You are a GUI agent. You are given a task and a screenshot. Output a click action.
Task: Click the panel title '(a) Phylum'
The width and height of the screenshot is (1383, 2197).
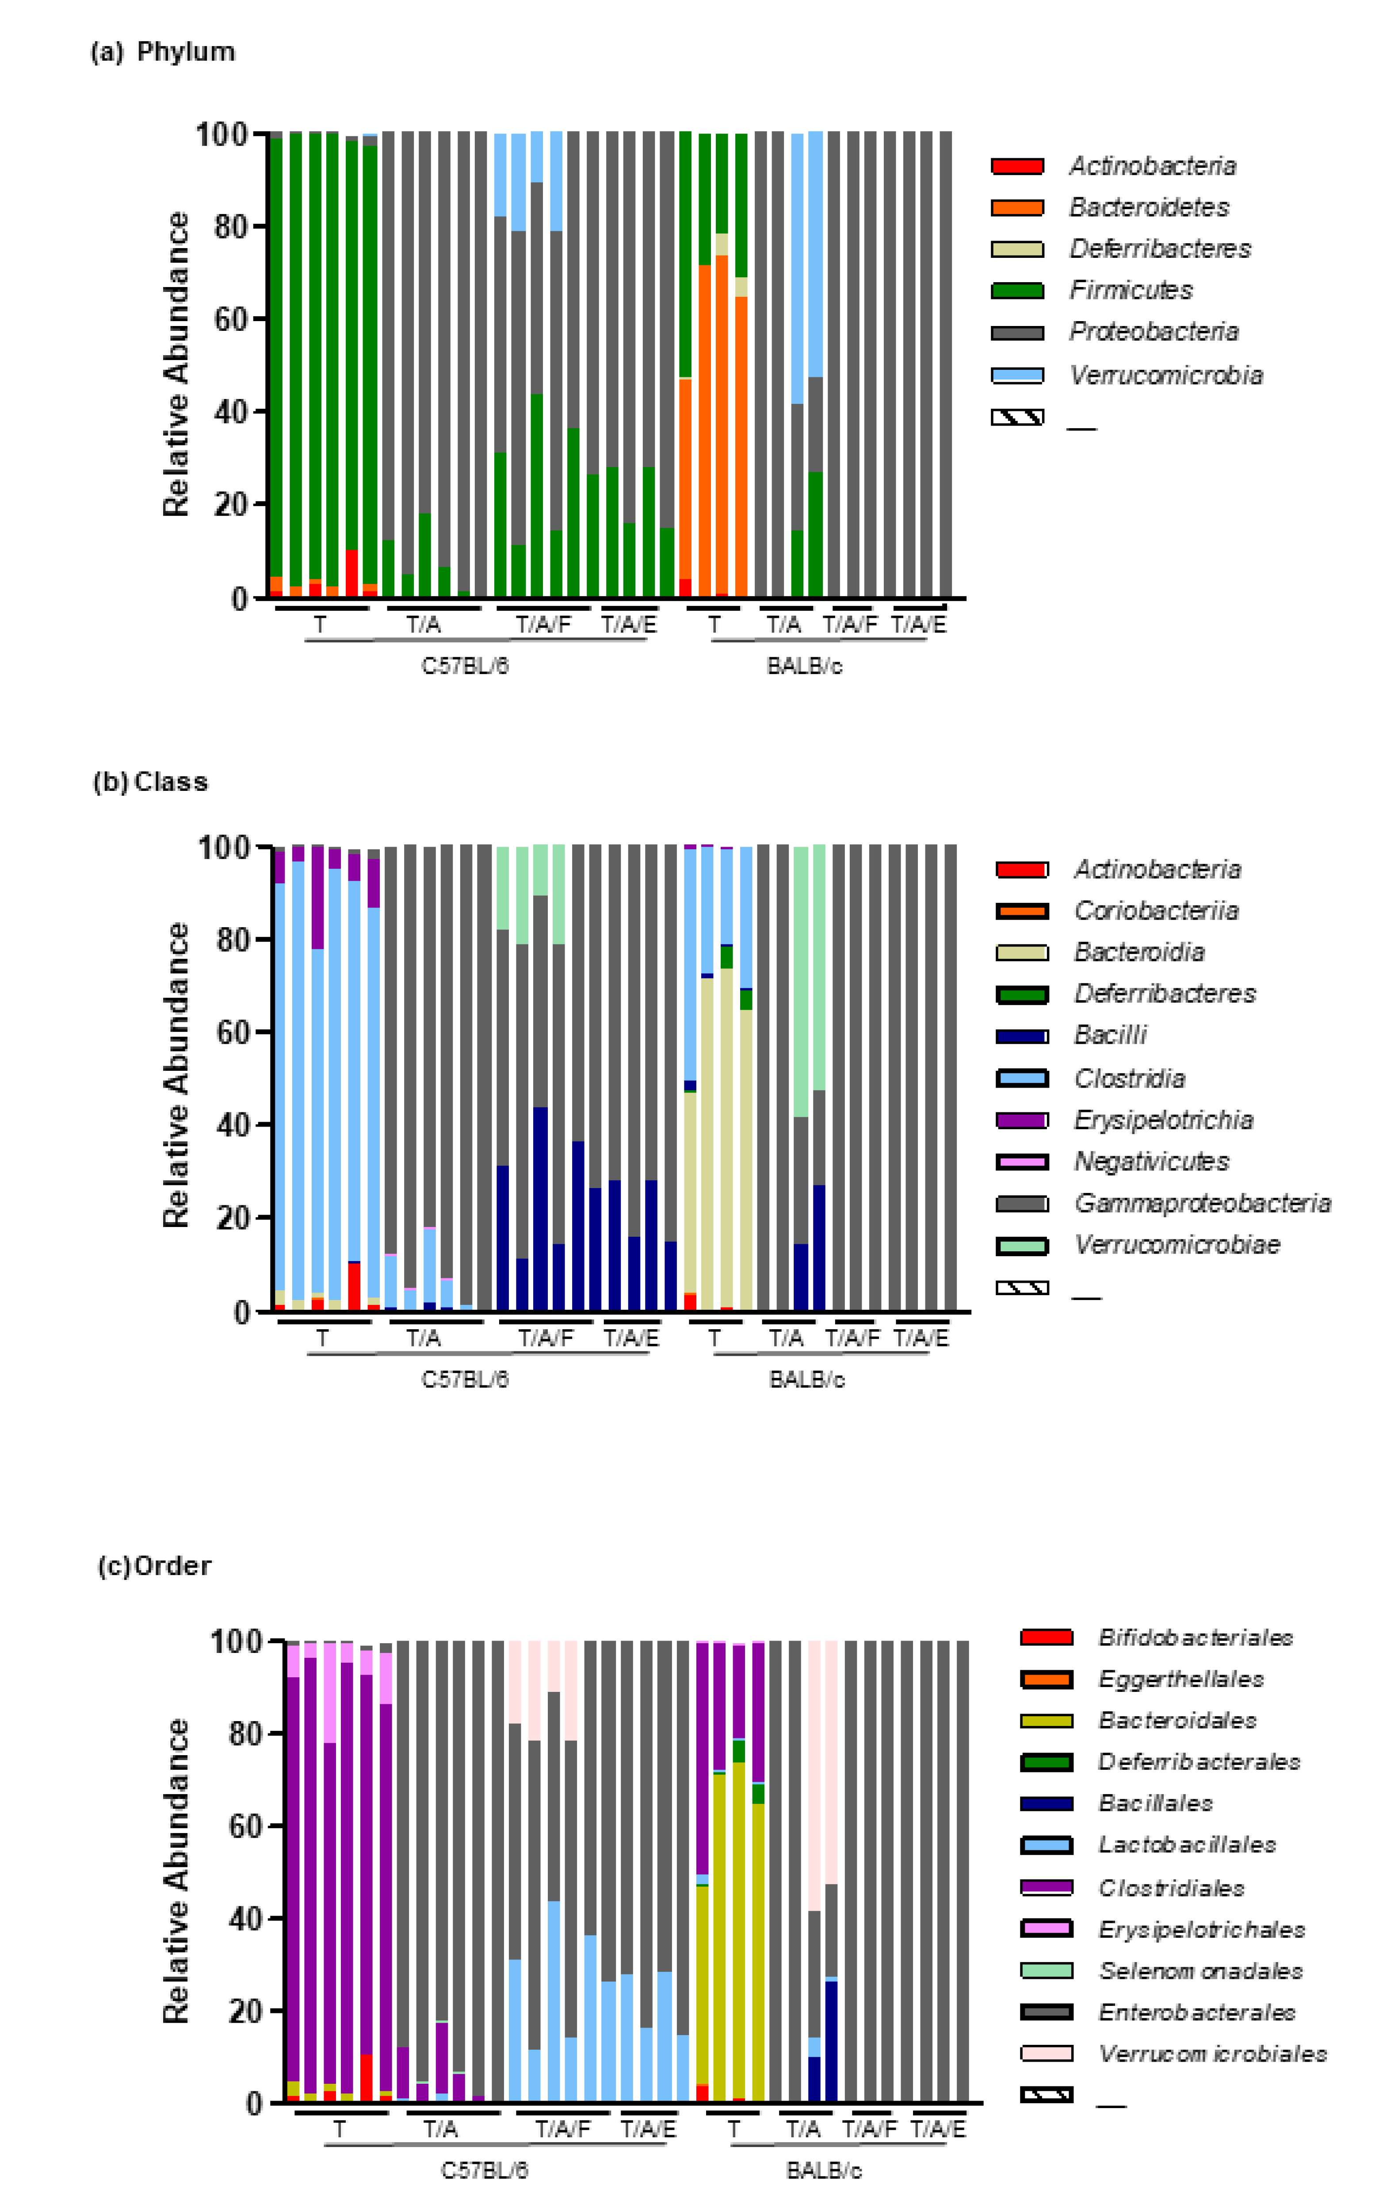tap(162, 52)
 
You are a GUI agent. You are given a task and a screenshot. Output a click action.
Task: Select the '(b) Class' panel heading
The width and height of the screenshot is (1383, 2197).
tap(150, 782)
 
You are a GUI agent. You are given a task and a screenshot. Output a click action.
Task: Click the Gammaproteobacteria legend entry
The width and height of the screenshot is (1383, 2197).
tap(1201, 1204)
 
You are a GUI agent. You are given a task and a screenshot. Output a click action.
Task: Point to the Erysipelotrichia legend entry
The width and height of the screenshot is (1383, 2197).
tap(1163, 1120)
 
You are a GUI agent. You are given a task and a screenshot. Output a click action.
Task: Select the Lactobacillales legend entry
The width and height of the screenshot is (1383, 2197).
tap(1186, 1845)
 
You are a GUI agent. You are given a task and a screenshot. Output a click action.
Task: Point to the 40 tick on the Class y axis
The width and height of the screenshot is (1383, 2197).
tap(233, 1125)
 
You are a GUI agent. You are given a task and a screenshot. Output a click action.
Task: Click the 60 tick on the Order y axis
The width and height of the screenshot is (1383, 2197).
tap(246, 1825)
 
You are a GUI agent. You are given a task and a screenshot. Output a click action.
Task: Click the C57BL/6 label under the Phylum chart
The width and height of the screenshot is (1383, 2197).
tap(464, 666)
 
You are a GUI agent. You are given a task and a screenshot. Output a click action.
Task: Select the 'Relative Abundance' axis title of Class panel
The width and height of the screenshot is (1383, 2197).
tap(176, 1075)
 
